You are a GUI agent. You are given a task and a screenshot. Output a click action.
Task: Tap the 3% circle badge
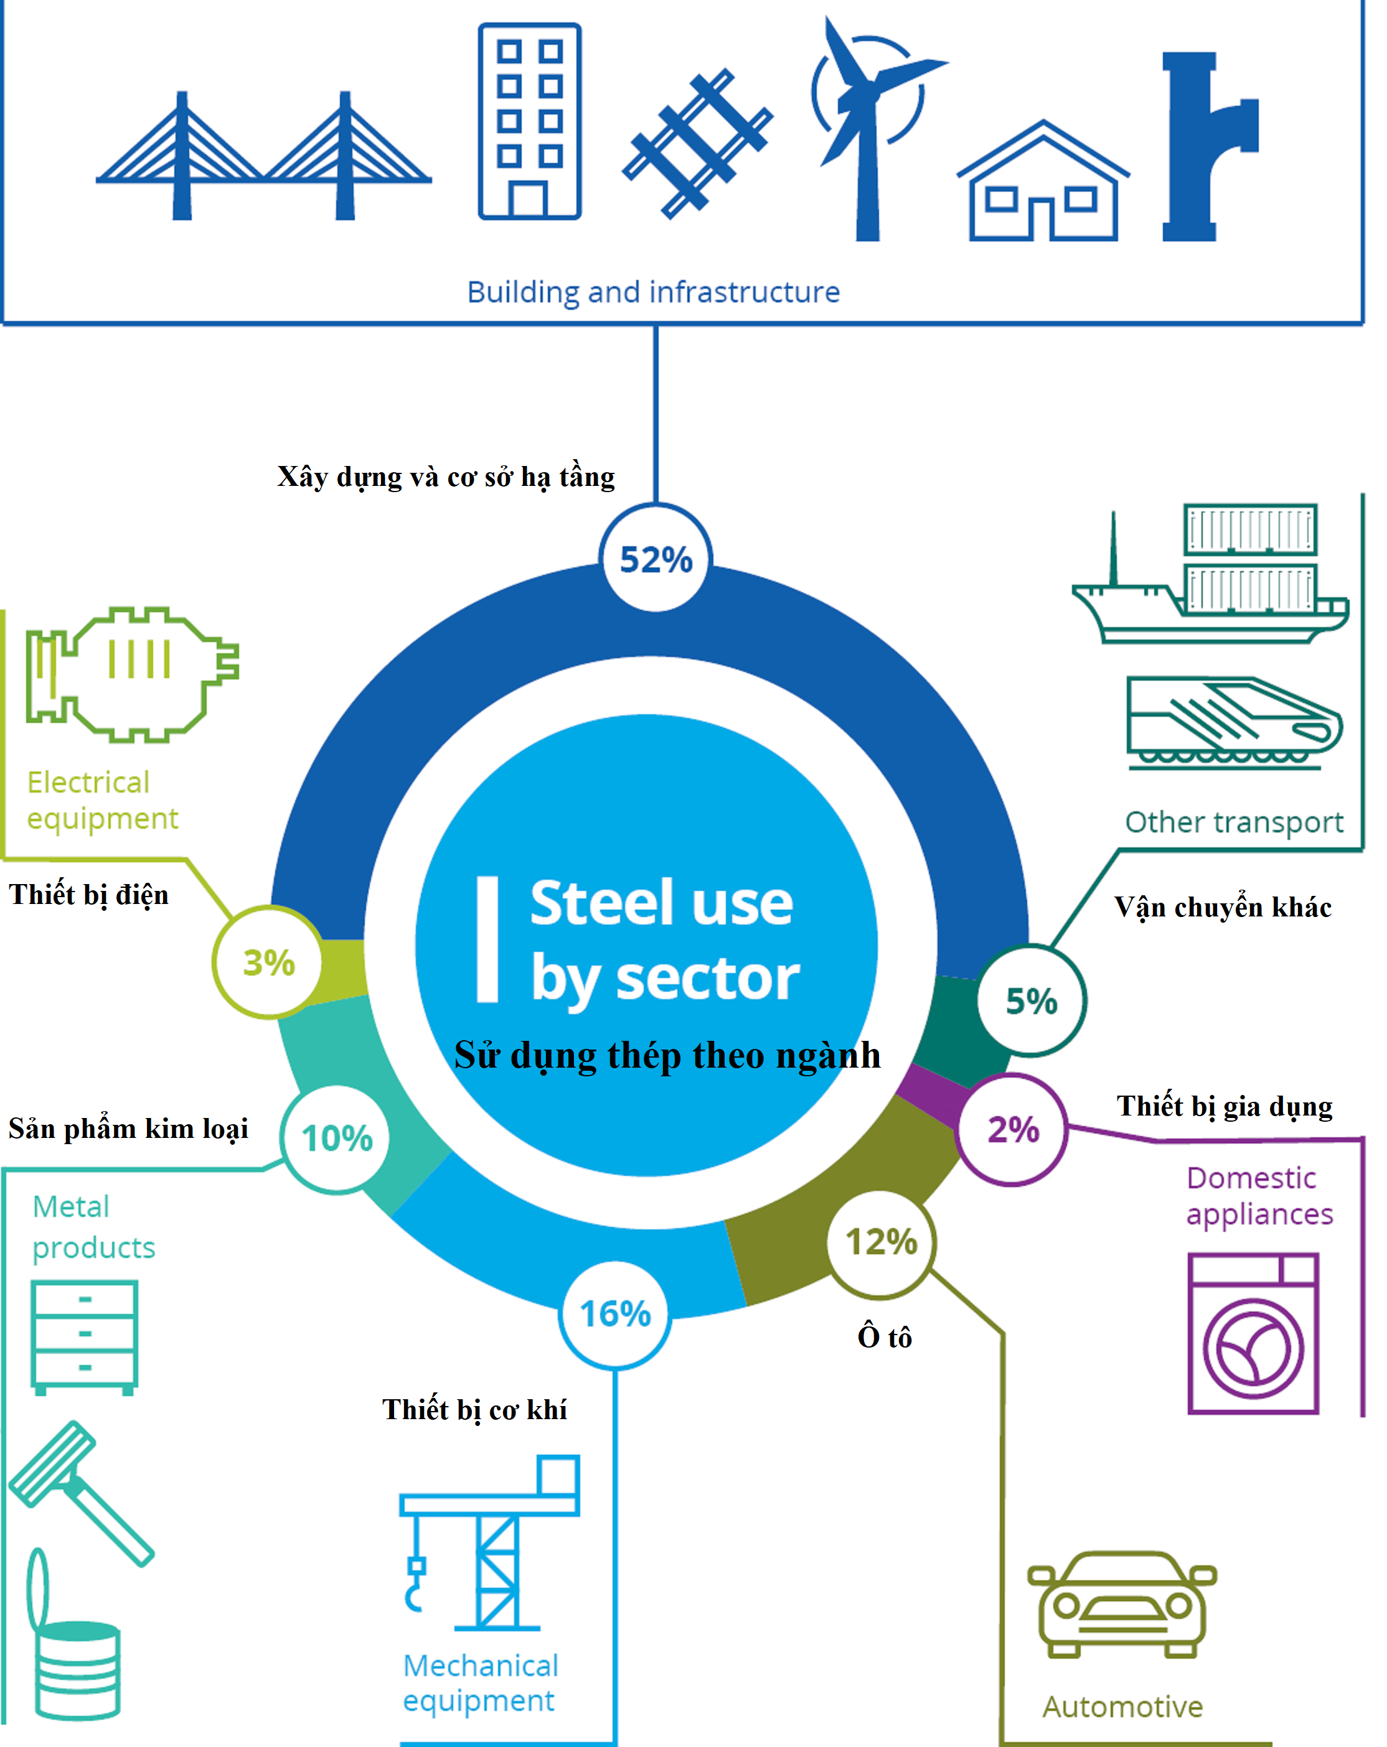point(268,962)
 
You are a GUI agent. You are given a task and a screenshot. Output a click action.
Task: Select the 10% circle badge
point(336,1138)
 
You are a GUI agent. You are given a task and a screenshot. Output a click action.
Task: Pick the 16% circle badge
point(614,1313)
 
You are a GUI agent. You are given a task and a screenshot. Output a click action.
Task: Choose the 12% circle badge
point(881,1241)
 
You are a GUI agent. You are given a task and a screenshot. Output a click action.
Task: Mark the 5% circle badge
point(1031,1000)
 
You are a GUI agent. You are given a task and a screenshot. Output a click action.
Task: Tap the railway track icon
point(697,144)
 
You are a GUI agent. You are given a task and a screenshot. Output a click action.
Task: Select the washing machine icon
point(1253,1333)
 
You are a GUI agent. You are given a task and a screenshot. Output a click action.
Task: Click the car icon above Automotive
point(1122,1605)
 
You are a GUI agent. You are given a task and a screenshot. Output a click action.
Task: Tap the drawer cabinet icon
point(84,1336)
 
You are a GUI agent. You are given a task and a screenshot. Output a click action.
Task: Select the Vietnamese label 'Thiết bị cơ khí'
point(474,1409)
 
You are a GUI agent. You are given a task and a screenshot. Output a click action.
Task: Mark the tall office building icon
point(529,121)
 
